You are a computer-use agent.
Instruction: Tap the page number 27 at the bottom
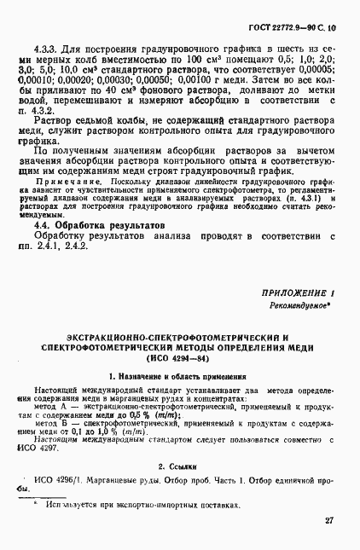click(328, 519)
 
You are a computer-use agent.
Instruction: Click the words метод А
click(51, 407)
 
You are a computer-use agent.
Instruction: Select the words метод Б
click(51, 423)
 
